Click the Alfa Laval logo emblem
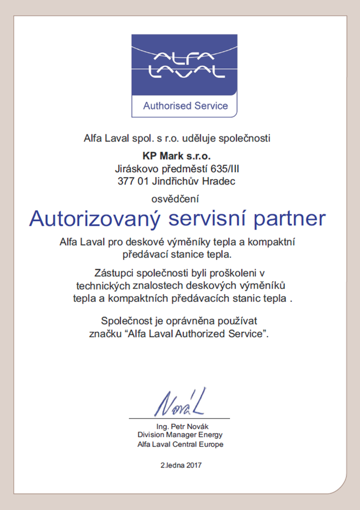coord(185,64)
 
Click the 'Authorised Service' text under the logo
coord(185,106)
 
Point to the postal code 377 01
coord(132,181)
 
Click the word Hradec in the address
coord(218,181)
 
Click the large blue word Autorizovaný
coord(96,219)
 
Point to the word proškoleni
coord(233,273)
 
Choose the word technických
coord(103,286)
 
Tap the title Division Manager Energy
coord(180,435)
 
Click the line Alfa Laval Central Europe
coord(180,444)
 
